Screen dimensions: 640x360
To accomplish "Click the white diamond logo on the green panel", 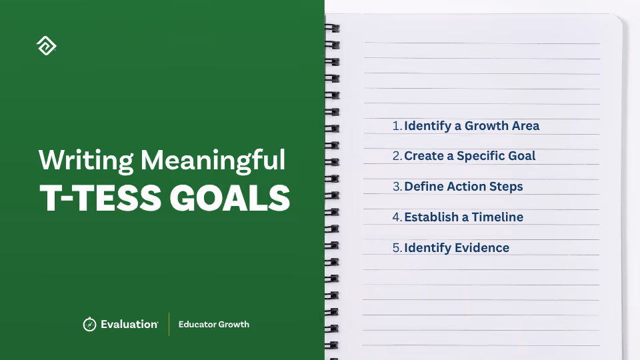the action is tap(47, 46).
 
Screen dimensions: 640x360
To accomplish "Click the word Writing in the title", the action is tap(86, 161).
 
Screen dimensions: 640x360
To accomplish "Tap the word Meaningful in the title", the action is tap(213, 161).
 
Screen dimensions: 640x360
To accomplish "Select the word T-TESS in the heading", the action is tap(101, 198).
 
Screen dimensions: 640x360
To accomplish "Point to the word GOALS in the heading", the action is tap(230, 198).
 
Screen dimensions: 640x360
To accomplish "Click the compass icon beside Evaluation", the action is tap(89, 324).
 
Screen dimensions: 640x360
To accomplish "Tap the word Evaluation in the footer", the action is tap(129, 324).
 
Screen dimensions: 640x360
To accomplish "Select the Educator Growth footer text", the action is tap(214, 324).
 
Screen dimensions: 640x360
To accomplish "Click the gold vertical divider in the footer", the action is tap(169, 324).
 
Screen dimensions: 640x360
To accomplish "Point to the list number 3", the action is tap(397, 187).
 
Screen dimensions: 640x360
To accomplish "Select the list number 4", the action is tap(397, 217).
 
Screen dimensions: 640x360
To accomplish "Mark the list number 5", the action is tap(397, 248).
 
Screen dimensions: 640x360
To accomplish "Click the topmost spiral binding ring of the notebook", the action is tap(332, 28).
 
